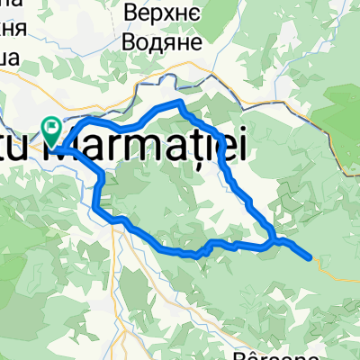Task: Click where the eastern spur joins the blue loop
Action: (272, 240)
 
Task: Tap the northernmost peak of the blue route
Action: (180, 103)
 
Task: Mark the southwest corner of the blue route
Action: (94, 208)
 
